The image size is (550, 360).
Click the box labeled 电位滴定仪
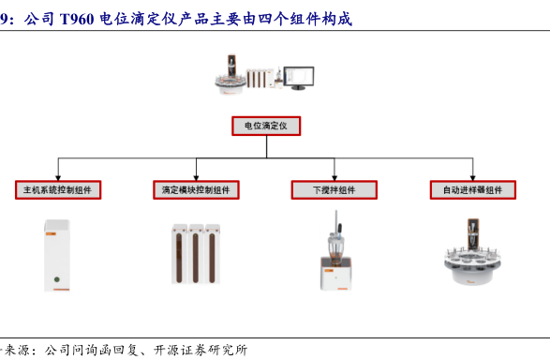266,126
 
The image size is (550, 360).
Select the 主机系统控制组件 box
58,190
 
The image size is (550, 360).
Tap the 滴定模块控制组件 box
196,190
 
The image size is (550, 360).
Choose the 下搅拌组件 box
334,190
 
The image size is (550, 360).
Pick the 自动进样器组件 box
473,190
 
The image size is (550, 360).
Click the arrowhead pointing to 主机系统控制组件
58,178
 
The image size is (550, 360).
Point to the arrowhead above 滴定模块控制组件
196,178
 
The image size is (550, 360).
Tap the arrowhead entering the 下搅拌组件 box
334,178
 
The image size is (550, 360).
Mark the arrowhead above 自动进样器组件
473,178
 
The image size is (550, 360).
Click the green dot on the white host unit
57,279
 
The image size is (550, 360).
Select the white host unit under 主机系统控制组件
57,255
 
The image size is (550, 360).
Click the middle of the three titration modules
196,254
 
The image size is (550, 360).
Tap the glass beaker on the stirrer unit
335,248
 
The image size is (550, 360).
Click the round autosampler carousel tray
472,265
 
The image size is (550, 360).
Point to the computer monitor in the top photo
299,77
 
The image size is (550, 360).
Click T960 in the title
77,19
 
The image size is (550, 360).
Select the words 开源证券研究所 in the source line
201,350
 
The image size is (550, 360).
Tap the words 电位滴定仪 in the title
138,19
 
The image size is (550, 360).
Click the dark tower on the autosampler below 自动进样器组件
473,233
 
